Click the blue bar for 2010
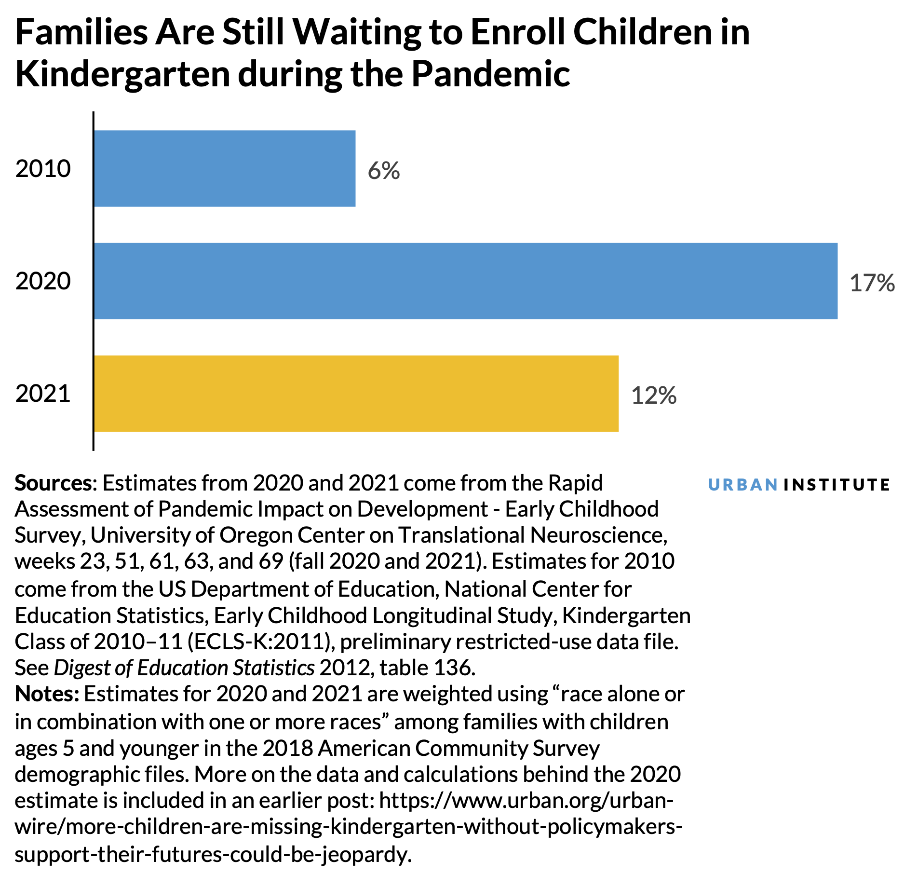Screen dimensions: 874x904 coord(224,168)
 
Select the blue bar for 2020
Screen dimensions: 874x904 coord(465,281)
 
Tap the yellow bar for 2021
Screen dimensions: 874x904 coord(356,394)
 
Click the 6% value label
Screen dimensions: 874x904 coord(384,171)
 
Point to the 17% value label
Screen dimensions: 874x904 coord(872,283)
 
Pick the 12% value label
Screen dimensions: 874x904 coord(653,396)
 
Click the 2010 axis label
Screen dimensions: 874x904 coord(43,169)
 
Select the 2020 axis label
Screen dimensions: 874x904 coord(43,281)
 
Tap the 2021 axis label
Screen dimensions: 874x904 coord(43,394)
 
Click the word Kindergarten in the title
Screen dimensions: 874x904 coord(123,75)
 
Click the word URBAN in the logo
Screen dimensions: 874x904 coord(742,484)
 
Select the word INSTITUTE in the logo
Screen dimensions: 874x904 coord(837,484)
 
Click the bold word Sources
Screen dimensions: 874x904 coord(53,483)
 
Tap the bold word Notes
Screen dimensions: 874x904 coord(46,694)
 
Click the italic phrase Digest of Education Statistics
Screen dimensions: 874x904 coord(184,668)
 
